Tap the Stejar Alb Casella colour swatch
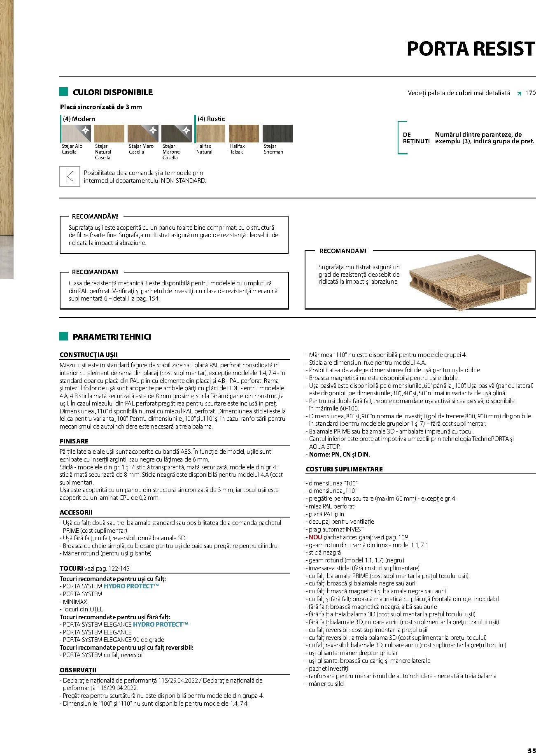[76, 133]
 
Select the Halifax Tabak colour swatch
[244, 133]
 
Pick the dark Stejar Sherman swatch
[277, 133]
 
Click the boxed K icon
[70, 177]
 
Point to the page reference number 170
[530, 93]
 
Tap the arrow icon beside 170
[519, 93]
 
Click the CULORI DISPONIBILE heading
[112, 92]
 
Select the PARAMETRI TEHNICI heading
[112, 337]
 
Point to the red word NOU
[315, 537]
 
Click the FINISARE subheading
[74, 441]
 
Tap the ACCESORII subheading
[76, 513]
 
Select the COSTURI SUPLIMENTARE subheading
[344, 469]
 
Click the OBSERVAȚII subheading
[78, 670]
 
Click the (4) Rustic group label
[211, 119]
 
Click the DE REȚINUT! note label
[415, 138]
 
